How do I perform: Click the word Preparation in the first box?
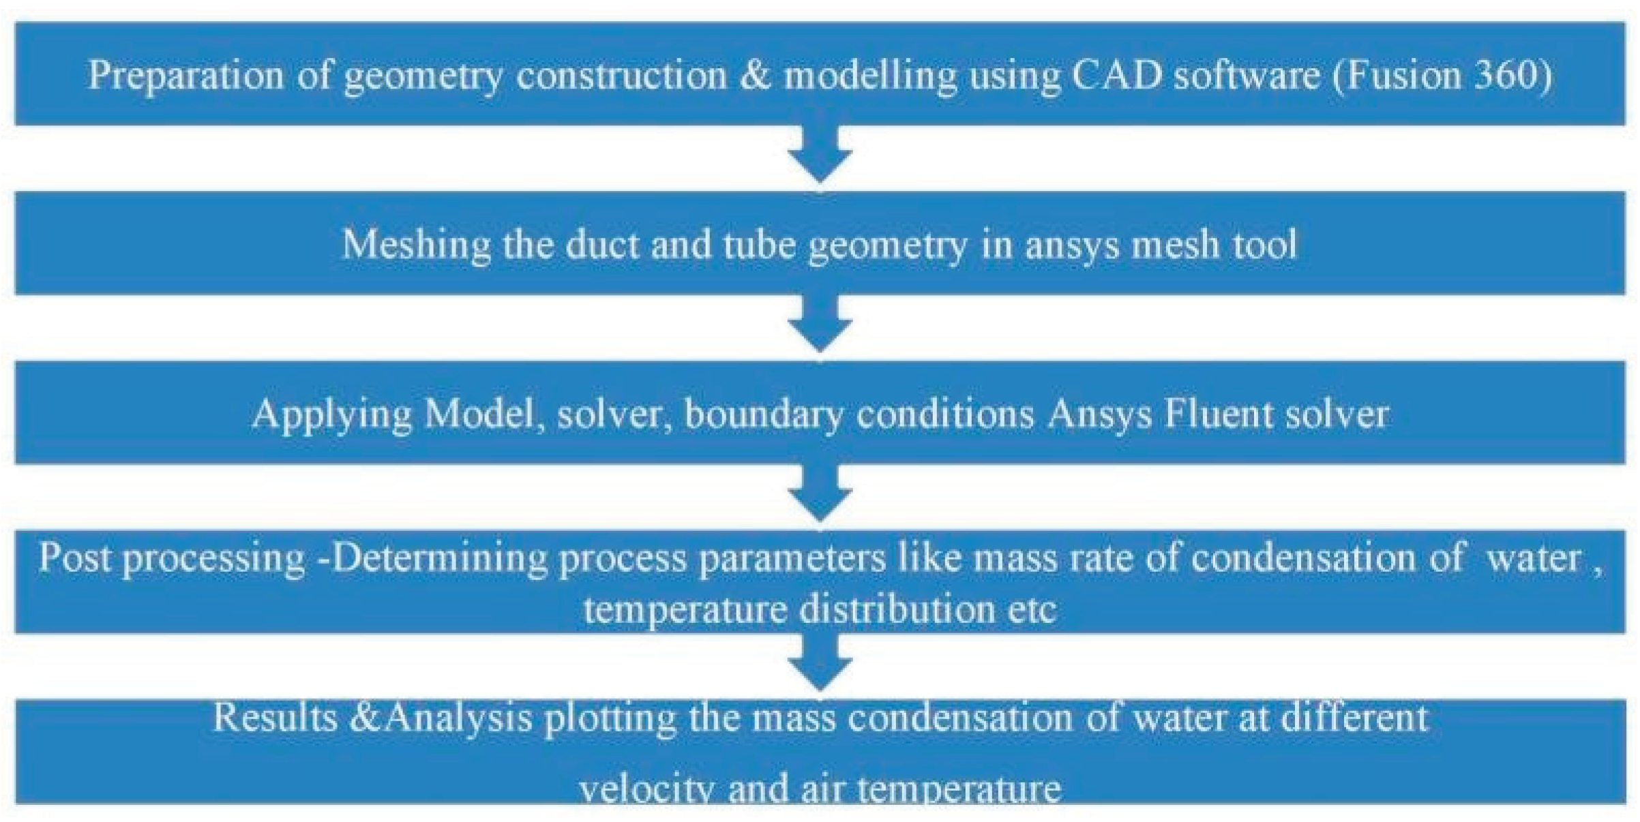pyautogui.click(x=185, y=75)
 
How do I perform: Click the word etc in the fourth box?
pyautogui.click(x=1032, y=609)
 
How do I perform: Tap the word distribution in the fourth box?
pyautogui.click(x=897, y=609)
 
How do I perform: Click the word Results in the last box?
pyautogui.click(x=275, y=718)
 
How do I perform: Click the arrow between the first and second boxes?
pyautogui.click(x=820, y=157)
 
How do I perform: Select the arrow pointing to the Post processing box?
pyautogui.click(x=820, y=496)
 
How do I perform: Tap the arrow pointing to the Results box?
pyautogui.click(x=820, y=665)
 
